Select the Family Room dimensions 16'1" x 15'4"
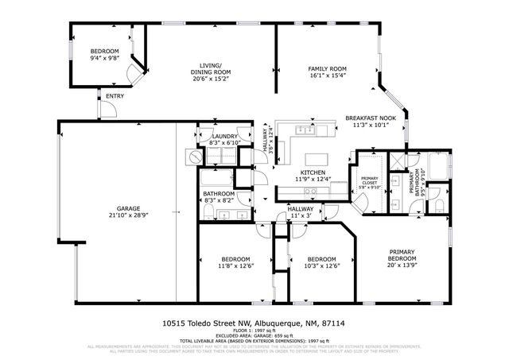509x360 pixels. point(327,78)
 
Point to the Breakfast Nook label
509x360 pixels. point(366,118)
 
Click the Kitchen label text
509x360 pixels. point(313,172)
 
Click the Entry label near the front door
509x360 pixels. point(115,97)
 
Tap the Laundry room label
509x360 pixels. point(224,136)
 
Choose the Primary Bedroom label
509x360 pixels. point(402,254)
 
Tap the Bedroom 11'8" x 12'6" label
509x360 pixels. point(236,259)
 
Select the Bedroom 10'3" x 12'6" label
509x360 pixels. point(321,259)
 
